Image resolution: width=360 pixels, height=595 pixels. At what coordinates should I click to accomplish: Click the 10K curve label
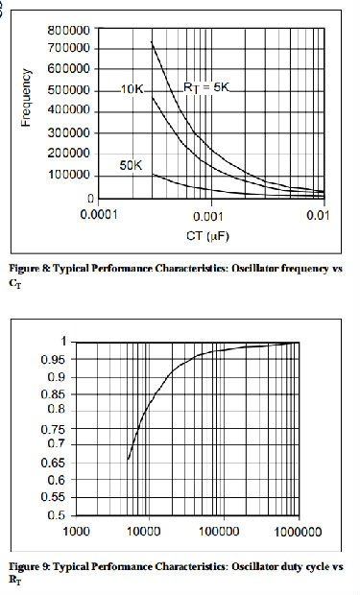(132, 89)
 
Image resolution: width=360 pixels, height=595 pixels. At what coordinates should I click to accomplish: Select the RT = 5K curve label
(207, 87)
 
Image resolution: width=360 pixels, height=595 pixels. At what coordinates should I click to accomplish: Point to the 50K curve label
(132, 164)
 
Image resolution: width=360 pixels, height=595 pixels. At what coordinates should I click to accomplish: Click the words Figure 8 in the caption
(36, 269)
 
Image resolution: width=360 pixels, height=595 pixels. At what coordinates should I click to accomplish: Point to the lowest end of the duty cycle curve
(128, 459)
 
